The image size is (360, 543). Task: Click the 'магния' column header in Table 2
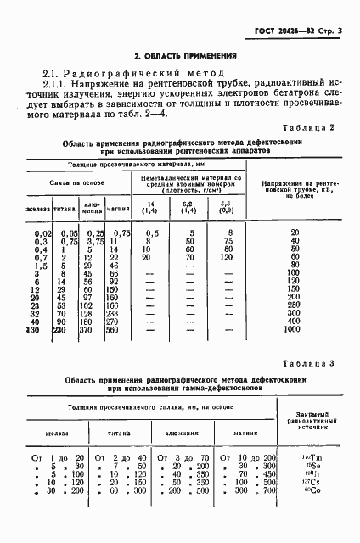click(118, 228)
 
